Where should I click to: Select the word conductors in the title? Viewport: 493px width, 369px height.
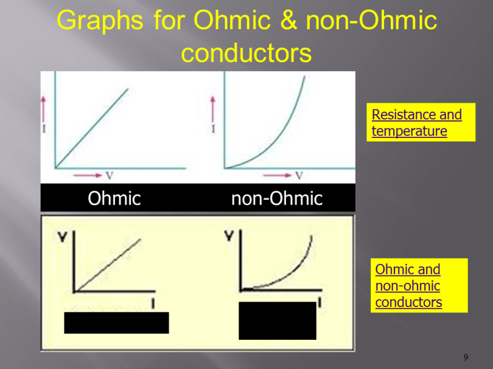(246, 53)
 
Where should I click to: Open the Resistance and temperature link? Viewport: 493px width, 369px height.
(416, 123)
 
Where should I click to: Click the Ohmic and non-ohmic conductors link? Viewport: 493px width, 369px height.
(408, 286)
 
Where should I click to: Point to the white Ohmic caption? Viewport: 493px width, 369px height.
(114, 198)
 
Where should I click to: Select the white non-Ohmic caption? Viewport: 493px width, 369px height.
(276, 198)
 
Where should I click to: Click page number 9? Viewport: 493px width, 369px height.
(466, 357)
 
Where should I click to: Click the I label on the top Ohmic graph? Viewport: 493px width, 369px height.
(43, 129)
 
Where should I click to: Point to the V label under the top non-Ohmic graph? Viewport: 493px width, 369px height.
(299, 176)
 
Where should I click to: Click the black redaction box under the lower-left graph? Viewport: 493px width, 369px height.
(116, 323)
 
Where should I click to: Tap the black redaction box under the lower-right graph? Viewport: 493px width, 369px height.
(277, 320)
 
